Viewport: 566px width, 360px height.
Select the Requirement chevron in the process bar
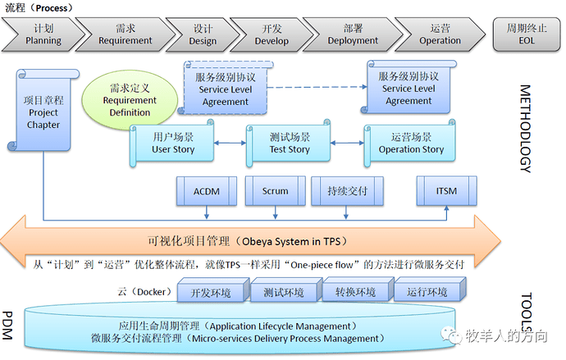pos(126,34)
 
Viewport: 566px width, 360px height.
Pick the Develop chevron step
pos(272,34)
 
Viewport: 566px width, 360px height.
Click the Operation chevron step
pos(440,34)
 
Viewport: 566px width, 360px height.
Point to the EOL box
pos(526,34)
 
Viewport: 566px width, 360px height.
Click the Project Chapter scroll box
pos(43,113)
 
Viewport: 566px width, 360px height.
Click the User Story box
pos(173,144)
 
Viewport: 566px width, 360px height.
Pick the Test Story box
pos(289,144)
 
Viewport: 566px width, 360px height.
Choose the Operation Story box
pos(410,144)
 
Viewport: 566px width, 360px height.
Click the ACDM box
pos(206,191)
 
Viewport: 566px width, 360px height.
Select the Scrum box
pos(275,191)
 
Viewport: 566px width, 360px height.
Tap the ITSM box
pos(447,191)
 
